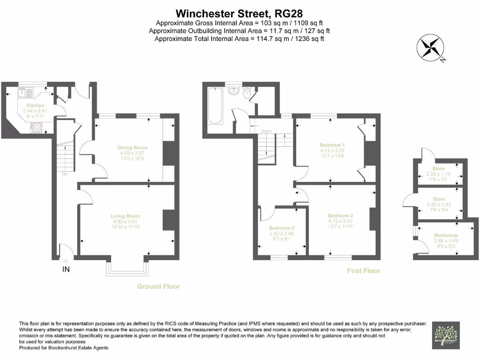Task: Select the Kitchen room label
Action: coord(35,105)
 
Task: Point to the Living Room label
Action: coord(125,216)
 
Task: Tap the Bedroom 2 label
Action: coord(340,216)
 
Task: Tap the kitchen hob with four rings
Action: coord(37,127)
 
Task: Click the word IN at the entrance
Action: coord(67,270)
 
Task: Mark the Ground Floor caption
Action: coord(158,286)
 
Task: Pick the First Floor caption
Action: coord(363,271)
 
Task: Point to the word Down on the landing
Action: coord(266,131)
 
